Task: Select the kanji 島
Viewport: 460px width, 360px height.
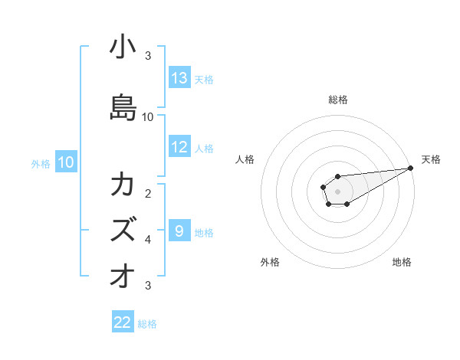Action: [123, 105]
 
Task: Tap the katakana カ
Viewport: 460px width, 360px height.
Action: [123, 185]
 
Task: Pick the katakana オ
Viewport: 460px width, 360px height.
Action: [123, 275]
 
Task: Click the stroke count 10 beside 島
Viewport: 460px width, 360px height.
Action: [148, 116]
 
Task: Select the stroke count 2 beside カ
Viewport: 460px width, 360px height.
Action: [148, 193]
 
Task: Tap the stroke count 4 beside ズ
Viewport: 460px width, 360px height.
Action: [148, 239]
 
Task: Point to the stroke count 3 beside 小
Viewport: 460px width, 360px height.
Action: [148, 55]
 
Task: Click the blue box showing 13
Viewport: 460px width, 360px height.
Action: [179, 78]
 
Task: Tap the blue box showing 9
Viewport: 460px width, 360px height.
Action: [179, 231]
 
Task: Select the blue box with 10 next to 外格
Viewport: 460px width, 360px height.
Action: [66, 162]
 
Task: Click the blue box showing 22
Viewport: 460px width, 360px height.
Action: [123, 322]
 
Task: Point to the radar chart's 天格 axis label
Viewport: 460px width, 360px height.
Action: [431, 159]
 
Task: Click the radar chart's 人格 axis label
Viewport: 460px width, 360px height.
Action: [245, 159]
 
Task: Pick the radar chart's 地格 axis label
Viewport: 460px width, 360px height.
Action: [402, 262]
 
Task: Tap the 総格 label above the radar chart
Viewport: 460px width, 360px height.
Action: [338, 100]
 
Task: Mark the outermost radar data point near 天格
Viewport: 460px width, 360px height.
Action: [411, 168]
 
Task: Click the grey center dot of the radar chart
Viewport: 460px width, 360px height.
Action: [338, 191]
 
